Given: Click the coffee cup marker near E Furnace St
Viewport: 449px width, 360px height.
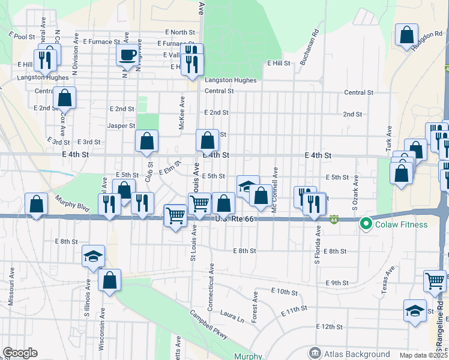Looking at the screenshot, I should [x=128, y=55].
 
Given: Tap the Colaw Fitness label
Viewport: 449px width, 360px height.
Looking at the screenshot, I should [x=402, y=225].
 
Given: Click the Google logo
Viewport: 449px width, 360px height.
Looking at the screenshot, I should [x=20, y=353].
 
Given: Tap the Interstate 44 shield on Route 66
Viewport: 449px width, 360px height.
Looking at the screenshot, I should [x=333, y=220].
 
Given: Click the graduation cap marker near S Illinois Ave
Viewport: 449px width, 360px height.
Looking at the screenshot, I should [x=93, y=256].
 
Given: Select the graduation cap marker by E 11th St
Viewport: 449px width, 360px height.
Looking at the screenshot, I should [x=415, y=311].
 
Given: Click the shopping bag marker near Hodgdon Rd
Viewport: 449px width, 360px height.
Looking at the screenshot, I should [x=406, y=35].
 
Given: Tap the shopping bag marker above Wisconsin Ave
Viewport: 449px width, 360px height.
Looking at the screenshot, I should [x=110, y=280].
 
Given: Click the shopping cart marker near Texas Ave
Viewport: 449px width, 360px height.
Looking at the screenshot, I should [x=435, y=280].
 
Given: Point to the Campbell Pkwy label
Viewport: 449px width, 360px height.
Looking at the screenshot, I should [x=208, y=325].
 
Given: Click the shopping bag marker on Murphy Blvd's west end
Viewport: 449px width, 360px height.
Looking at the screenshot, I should [x=37, y=205].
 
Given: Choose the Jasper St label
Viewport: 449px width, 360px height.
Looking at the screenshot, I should [x=121, y=126].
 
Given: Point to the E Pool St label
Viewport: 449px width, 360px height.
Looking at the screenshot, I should [x=22, y=37].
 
